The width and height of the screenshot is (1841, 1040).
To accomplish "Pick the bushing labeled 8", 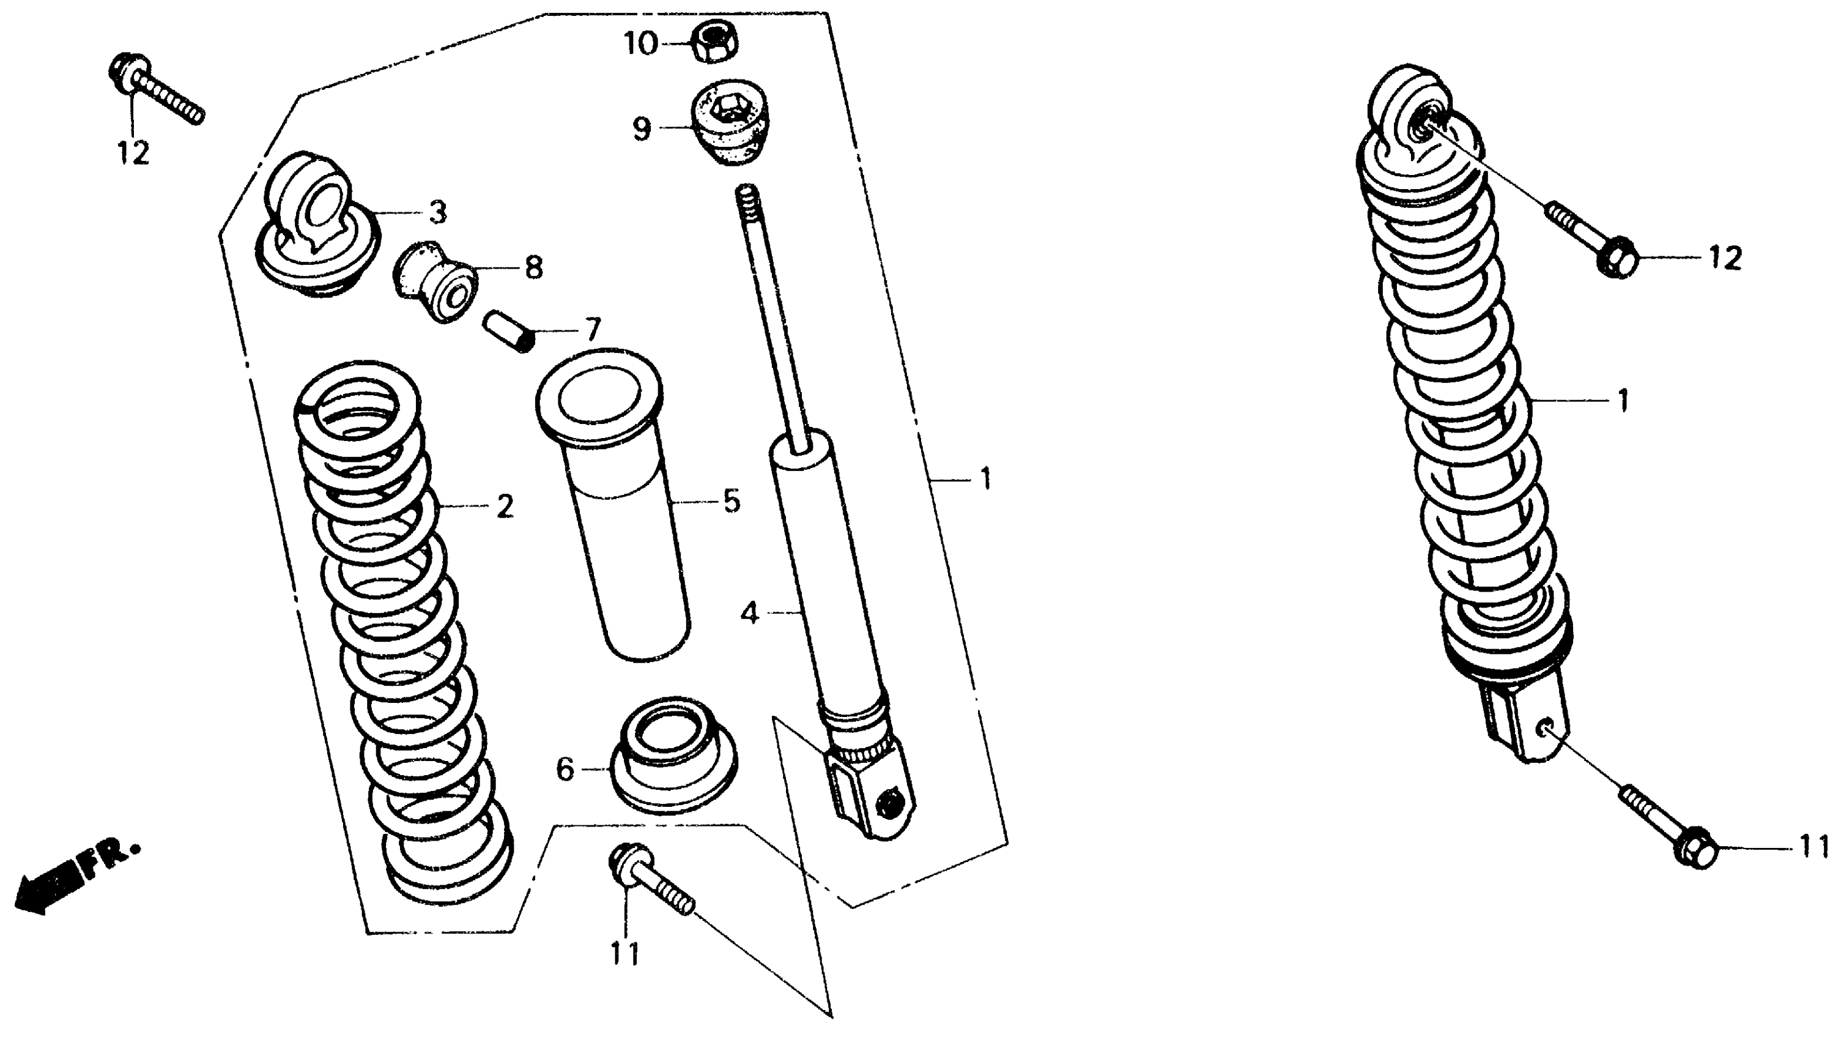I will click(x=433, y=284).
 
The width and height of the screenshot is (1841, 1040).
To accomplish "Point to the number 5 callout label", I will click(x=731, y=502).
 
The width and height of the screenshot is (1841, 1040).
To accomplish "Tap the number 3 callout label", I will click(x=437, y=212).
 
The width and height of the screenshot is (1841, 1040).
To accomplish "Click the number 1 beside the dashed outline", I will click(x=986, y=479).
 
